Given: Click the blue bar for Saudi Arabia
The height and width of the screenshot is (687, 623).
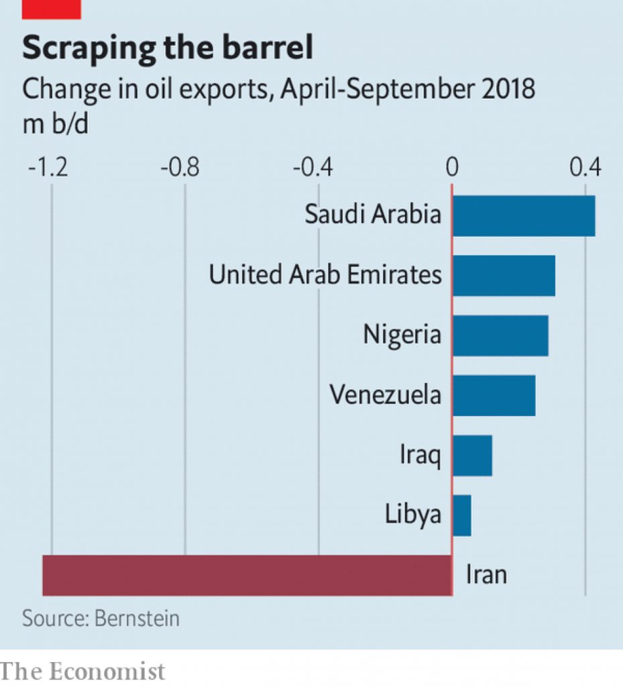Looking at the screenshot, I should click(x=523, y=215).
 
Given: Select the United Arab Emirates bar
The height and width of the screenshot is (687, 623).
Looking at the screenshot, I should click(x=504, y=275).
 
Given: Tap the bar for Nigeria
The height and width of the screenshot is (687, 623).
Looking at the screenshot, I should click(x=500, y=335).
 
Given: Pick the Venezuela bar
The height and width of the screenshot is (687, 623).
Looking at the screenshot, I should click(x=494, y=395).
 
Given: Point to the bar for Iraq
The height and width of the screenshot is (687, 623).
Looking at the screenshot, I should click(x=472, y=456).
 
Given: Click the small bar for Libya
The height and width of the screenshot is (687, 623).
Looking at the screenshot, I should click(x=461, y=515).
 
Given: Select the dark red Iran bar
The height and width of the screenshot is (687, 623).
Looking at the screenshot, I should click(x=247, y=575).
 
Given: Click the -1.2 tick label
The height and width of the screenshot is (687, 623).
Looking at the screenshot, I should click(x=48, y=167).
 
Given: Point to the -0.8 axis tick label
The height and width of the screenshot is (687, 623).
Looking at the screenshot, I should click(x=180, y=167).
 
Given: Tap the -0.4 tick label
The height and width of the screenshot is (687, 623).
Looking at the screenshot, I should click(x=314, y=167).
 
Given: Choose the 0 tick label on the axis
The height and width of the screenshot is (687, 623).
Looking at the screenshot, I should click(x=452, y=167).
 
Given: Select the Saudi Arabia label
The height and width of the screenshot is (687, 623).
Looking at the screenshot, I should click(x=373, y=215).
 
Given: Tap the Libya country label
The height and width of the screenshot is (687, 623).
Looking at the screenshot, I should click(x=413, y=515).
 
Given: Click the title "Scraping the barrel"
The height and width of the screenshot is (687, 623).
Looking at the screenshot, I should click(x=168, y=49).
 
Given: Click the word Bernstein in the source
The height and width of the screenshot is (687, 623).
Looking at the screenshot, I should click(x=137, y=618).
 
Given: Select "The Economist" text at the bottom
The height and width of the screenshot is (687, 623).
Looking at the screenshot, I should click(x=82, y=672).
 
